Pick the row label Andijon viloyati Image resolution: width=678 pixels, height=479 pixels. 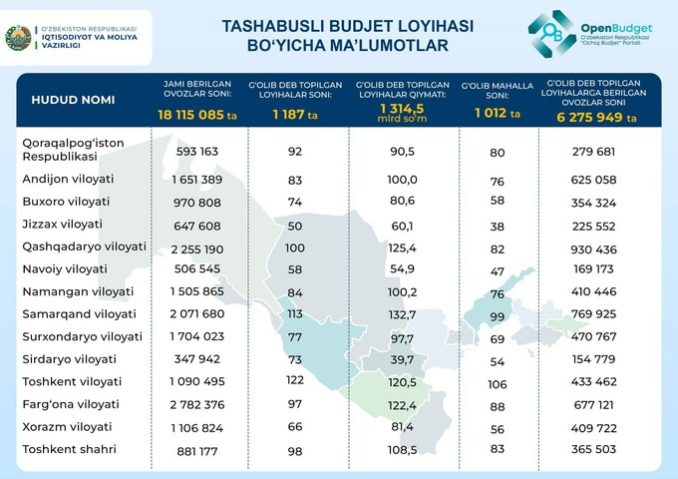[68, 179]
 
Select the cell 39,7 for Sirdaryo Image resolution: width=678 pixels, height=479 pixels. [403, 359]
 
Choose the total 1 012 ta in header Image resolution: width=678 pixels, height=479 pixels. [498, 114]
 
